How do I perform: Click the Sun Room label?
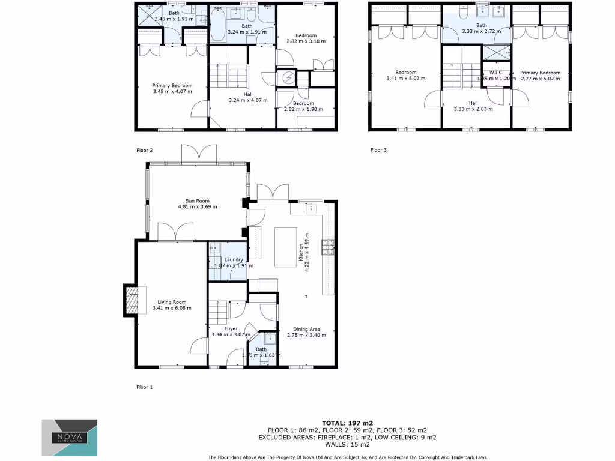197,200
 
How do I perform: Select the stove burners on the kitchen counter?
329,246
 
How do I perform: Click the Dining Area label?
306,329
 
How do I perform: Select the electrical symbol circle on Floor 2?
289,78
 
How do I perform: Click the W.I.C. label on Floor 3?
495,73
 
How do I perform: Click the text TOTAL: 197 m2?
347,423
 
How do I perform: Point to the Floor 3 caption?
378,150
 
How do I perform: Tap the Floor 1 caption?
144,387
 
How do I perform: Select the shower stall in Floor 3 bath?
499,52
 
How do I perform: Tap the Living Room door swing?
198,346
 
